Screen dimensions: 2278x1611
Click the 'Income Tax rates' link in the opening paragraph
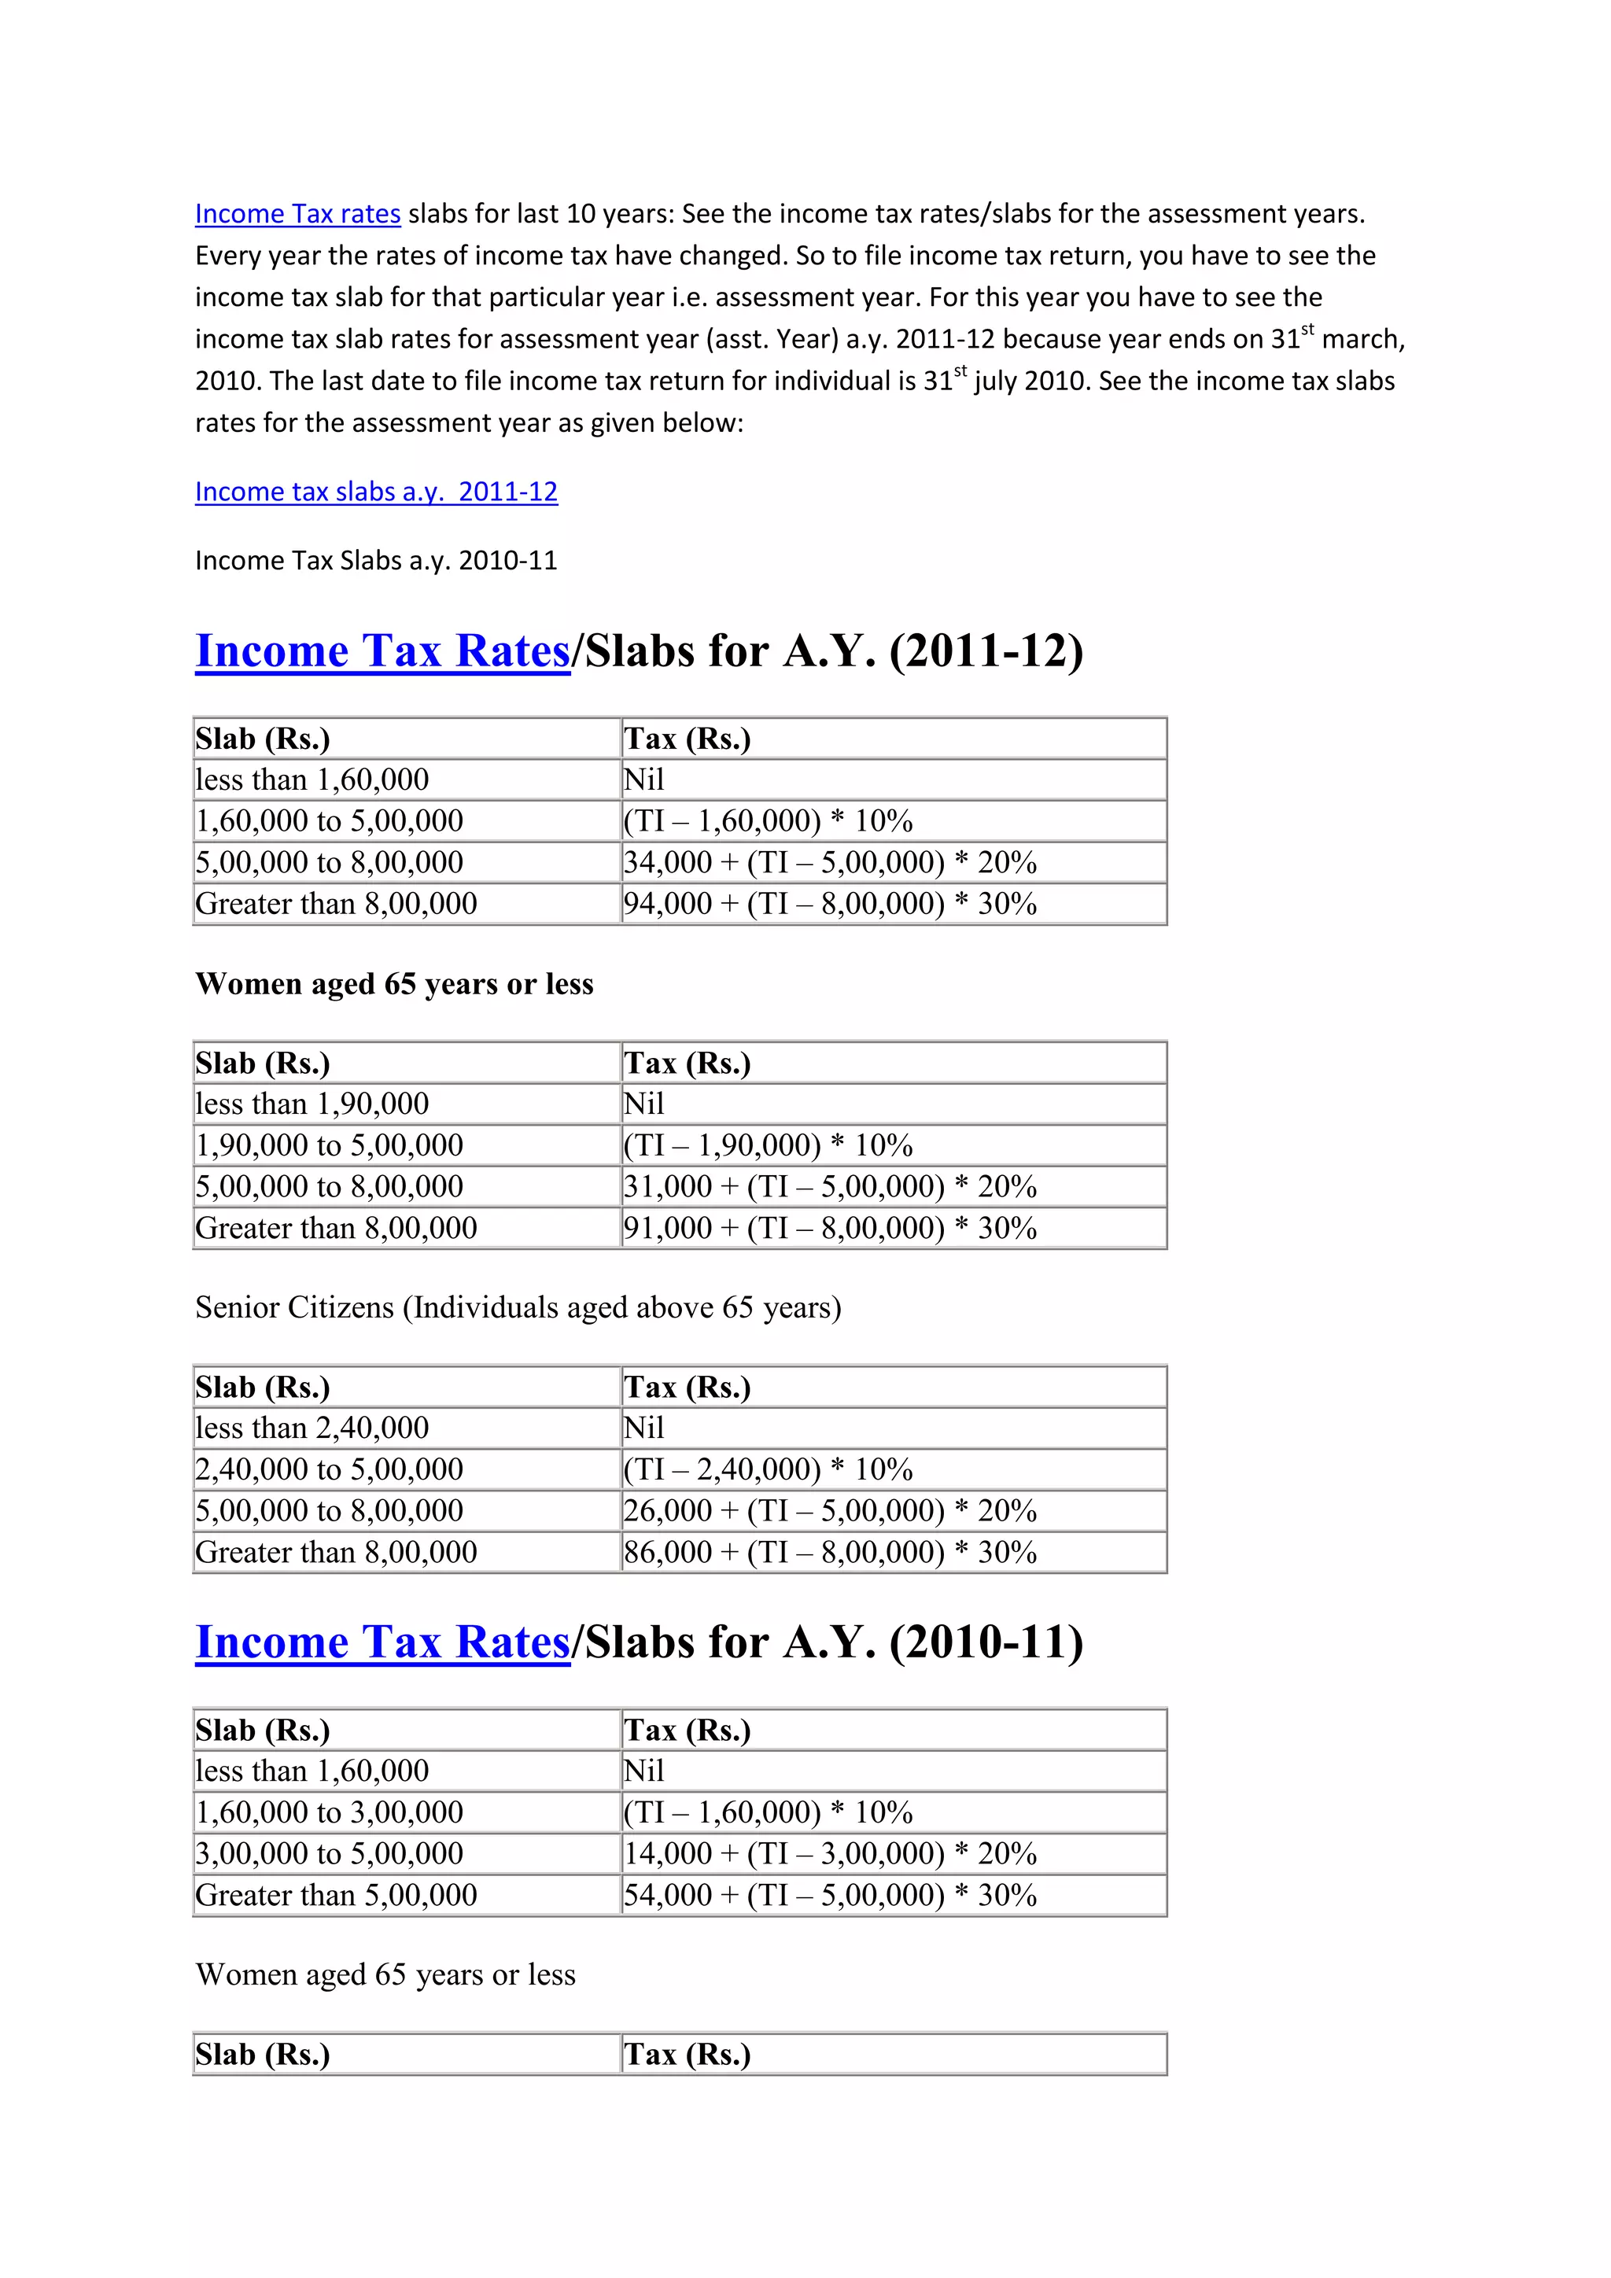[297, 213]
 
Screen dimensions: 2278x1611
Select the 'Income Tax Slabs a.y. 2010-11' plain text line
[376, 561]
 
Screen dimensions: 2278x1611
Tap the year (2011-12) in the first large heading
[986, 652]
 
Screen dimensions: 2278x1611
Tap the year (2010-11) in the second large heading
[986, 1642]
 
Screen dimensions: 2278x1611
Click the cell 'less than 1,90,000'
[312, 1104]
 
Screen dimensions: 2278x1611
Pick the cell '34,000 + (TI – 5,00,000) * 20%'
[829, 862]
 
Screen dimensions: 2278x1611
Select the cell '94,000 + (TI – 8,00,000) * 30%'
[829, 904]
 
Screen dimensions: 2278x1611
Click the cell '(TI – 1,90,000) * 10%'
[768, 1145]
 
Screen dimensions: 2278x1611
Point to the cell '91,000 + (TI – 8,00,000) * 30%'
[829, 1229]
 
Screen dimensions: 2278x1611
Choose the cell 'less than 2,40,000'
[312, 1428]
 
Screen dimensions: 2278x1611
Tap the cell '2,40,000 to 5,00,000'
[330, 1469]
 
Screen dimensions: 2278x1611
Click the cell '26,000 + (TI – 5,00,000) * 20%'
[829, 1511]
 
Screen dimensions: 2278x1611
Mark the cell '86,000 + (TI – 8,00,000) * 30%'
[829, 1553]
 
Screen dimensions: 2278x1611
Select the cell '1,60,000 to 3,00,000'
[330, 1812]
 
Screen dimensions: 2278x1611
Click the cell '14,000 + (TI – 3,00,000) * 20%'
[829, 1853]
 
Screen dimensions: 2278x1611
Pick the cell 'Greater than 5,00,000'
[337, 1895]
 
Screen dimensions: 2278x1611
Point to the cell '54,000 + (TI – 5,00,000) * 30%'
[829, 1895]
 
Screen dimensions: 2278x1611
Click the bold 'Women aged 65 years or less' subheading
[394, 984]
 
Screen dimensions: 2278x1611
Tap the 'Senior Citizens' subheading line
[518, 1307]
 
